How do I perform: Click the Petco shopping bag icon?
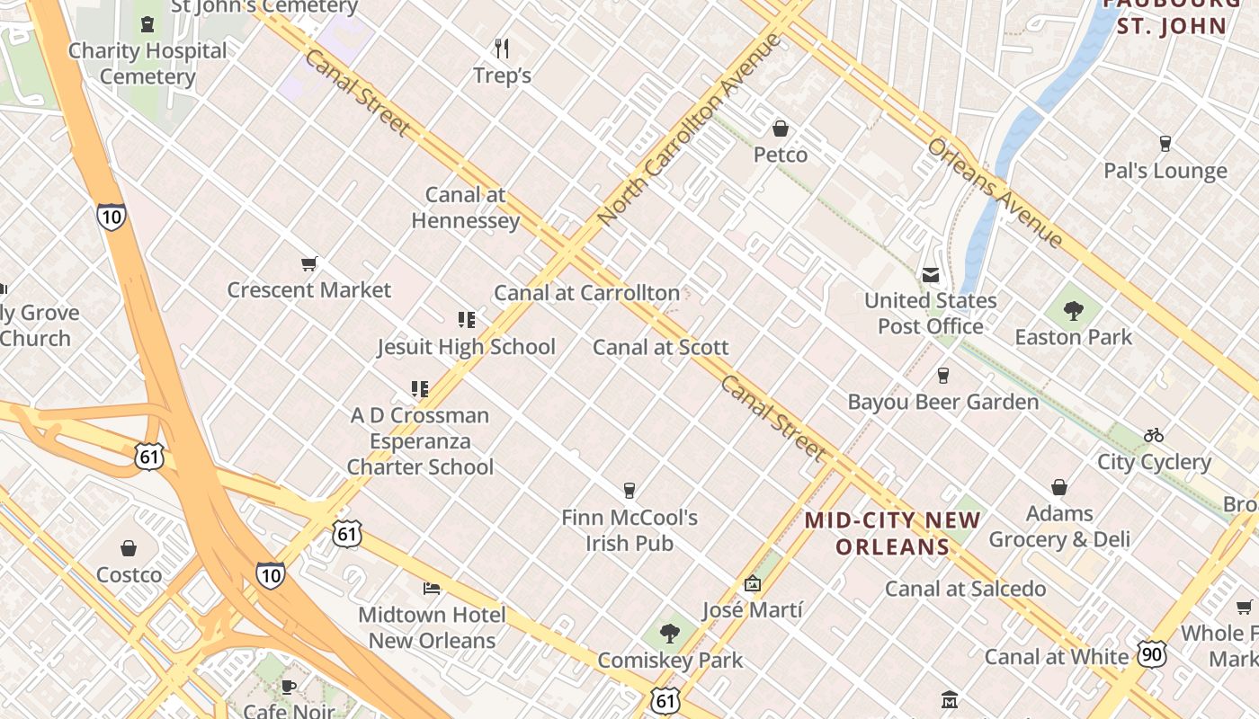tap(780, 129)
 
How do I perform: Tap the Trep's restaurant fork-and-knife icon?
tap(502, 48)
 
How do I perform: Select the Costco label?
tap(129, 574)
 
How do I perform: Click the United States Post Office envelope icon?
tap(931, 274)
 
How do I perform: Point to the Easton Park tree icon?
tap(1073, 311)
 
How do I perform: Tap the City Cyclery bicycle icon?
tap(1154, 435)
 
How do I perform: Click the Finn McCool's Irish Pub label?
tap(629, 530)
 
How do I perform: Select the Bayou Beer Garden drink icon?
tap(942, 376)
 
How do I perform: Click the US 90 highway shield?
tap(1152, 653)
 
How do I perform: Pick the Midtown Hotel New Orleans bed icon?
tap(432, 589)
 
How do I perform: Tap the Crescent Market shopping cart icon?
tap(308, 263)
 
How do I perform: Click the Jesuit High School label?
tap(466, 347)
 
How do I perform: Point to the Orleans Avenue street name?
tap(996, 192)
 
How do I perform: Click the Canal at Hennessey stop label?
tap(466, 208)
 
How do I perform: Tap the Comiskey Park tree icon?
tap(669, 634)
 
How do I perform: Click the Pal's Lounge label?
tap(1165, 171)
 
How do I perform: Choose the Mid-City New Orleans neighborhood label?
tap(892, 533)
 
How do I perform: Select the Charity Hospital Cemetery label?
tap(147, 63)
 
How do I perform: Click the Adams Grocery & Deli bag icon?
tap(1058, 487)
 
